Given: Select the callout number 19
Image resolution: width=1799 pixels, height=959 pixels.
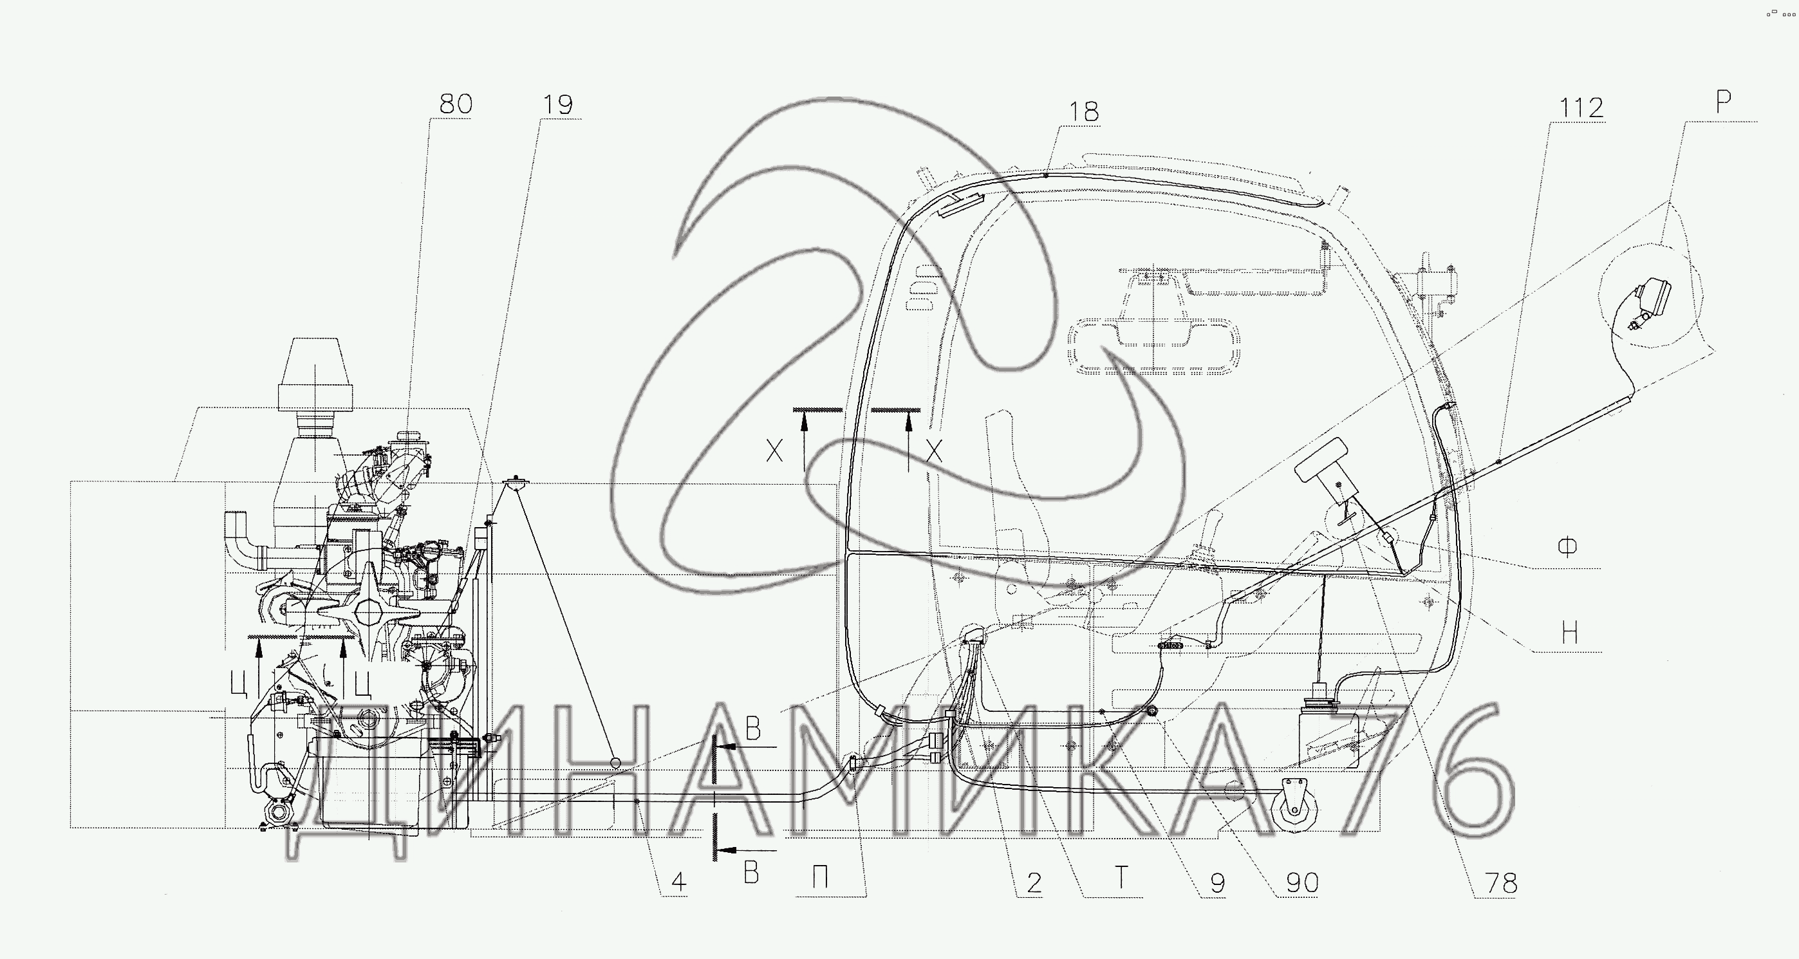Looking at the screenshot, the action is [x=557, y=105].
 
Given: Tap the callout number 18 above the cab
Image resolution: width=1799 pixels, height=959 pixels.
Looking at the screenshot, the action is [x=1083, y=112].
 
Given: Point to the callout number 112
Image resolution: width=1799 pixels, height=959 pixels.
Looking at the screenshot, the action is [x=1581, y=108].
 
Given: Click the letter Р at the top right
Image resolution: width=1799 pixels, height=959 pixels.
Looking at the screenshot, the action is [x=1724, y=102].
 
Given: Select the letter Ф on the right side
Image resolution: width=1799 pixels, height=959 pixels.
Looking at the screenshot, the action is [x=1568, y=547].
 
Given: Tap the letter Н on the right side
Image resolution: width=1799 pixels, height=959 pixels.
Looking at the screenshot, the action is [x=1569, y=633].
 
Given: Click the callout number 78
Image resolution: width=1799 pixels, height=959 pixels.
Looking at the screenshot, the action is [x=1502, y=884].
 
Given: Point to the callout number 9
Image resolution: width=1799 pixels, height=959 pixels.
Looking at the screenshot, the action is [x=1217, y=884].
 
